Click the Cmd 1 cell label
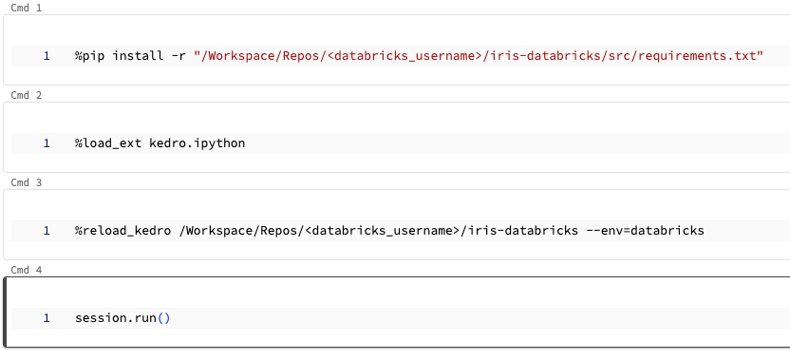coord(26,8)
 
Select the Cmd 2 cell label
coord(26,95)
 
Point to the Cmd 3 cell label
coord(26,182)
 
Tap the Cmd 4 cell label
coord(26,270)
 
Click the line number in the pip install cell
coord(47,56)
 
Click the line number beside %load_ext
coord(47,143)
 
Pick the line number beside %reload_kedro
coord(47,231)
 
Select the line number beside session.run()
coord(47,318)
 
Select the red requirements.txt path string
coord(479,56)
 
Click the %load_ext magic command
coord(108,143)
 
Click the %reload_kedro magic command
coord(123,231)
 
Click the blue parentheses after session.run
coord(163,318)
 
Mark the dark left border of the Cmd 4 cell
coord(6,313)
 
